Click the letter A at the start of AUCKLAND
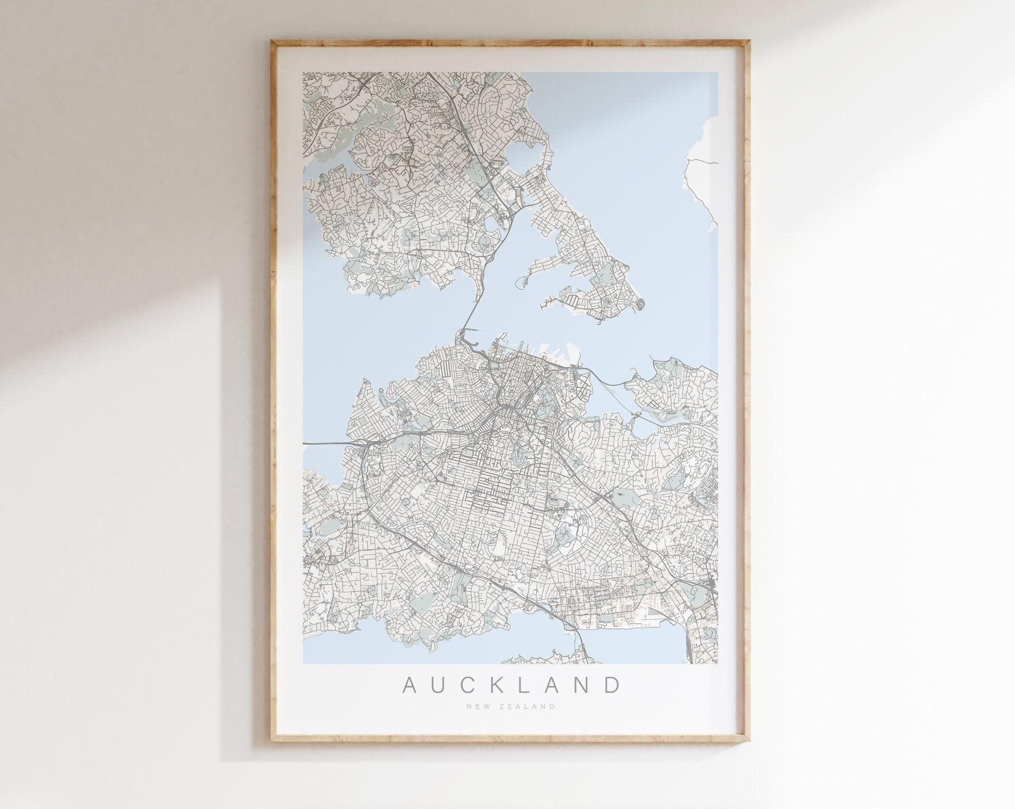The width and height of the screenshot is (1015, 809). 410,685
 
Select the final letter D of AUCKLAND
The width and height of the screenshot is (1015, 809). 612,685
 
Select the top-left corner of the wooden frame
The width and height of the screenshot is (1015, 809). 272,40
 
